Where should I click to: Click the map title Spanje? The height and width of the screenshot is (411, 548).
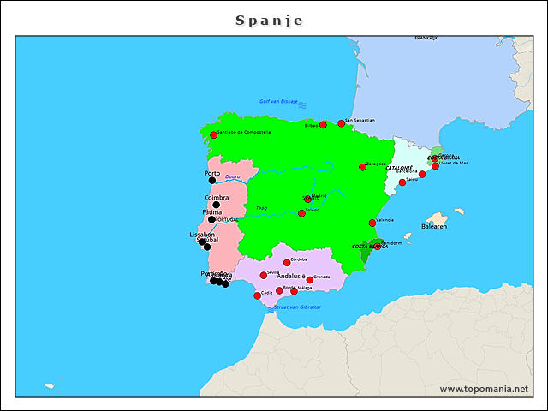(270, 20)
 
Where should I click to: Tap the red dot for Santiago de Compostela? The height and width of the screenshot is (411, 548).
(214, 135)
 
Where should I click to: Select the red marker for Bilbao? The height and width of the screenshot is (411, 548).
(323, 125)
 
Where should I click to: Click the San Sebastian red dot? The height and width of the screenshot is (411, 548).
(341, 123)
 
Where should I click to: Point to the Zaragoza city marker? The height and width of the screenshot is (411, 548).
(362, 167)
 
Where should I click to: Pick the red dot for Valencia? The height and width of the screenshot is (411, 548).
(372, 223)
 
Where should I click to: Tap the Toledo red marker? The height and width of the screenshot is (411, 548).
(301, 213)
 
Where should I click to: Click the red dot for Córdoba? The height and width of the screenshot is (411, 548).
(287, 263)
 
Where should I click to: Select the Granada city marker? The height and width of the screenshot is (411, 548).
(310, 280)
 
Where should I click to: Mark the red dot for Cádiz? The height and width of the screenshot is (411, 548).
(258, 296)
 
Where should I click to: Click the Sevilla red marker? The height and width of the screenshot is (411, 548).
(264, 276)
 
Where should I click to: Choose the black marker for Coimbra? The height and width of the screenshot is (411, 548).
(216, 205)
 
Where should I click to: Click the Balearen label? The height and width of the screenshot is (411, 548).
(434, 227)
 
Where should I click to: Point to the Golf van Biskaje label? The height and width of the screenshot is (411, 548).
(278, 101)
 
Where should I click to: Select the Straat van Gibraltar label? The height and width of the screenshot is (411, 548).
(298, 307)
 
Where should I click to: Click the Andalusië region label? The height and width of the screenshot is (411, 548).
(291, 277)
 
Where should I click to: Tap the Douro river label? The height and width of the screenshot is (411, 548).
(232, 176)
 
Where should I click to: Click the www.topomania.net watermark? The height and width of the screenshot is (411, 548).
(484, 389)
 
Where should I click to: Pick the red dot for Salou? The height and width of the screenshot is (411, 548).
(402, 182)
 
